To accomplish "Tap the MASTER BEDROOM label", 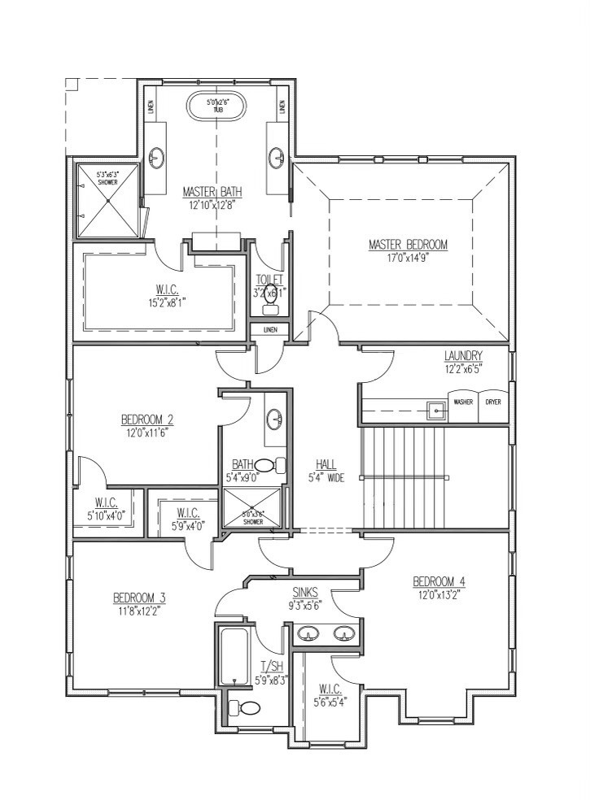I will tap(408, 244).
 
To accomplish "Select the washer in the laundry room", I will tap(463, 402).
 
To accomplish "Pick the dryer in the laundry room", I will tap(493, 402).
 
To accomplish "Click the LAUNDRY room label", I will tap(464, 355).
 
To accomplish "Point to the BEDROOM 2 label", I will tap(146, 420).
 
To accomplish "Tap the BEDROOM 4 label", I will tap(439, 581).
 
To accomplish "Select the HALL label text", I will tap(326, 466).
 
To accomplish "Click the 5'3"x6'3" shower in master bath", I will tap(107, 201).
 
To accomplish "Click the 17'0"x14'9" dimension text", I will tap(408, 257).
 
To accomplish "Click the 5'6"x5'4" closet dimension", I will tap(330, 700).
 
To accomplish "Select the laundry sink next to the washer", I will tap(437, 411).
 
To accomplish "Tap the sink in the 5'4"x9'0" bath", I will tap(275, 419).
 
